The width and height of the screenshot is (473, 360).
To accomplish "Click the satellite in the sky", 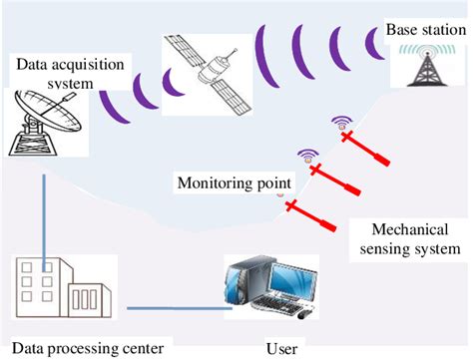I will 206,62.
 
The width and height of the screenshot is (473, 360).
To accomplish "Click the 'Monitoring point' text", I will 235,183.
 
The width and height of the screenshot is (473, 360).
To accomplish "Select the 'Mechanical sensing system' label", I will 408,237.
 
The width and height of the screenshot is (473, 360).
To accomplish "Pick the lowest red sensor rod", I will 309,215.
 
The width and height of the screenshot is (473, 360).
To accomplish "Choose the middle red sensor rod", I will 338,180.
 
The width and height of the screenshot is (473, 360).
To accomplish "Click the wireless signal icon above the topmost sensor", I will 342,125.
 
